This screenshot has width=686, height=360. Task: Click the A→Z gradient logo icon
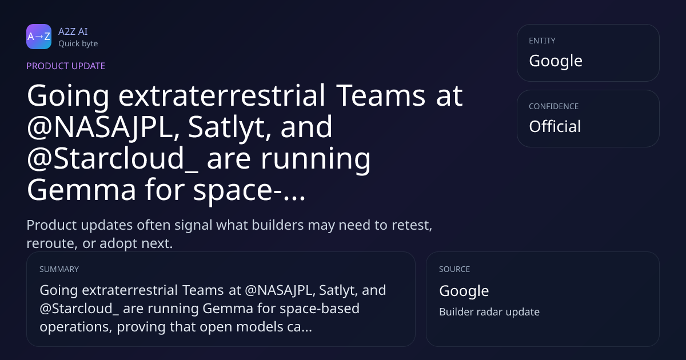click(39, 37)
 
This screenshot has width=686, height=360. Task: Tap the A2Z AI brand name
click(73, 31)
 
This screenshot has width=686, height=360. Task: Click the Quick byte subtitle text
click(78, 44)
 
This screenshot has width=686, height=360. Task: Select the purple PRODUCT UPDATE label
click(66, 66)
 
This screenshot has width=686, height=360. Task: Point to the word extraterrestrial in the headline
click(222, 95)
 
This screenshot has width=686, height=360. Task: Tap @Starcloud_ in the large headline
click(113, 159)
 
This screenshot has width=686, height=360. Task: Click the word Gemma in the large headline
click(81, 190)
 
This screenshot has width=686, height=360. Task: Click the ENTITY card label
click(542, 41)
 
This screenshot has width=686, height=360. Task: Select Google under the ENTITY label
click(556, 61)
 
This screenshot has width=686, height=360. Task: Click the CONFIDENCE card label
click(554, 106)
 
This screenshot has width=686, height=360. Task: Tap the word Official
click(555, 126)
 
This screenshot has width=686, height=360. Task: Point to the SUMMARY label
click(59, 269)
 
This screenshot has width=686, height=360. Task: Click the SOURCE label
click(454, 269)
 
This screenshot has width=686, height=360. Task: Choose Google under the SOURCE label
click(464, 291)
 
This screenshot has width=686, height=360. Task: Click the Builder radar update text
click(489, 312)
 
